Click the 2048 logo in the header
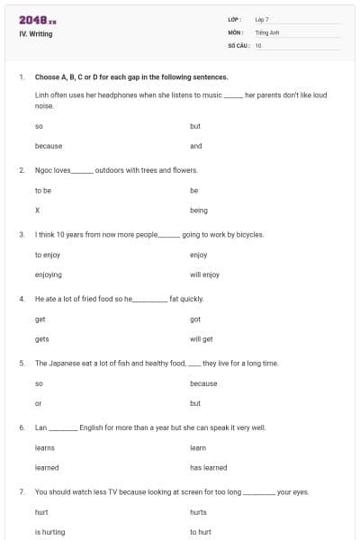(x=37, y=20)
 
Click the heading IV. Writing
(x=36, y=34)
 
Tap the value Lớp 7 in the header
(x=262, y=19)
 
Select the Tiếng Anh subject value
(x=267, y=31)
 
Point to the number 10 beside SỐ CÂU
(x=258, y=44)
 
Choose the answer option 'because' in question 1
(x=48, y=146)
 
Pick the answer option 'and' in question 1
(x=196, y=146)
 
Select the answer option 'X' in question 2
(x=37, y=211)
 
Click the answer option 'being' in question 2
(x=199, y=211)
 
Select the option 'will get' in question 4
(x=202, y=339)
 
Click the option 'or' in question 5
(x=38, y=403)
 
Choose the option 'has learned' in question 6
(x=209, y=468)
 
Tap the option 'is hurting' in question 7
(x=49, y=532)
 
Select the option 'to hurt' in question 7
(x=201, y=532)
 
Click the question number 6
(x=22, y=427)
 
